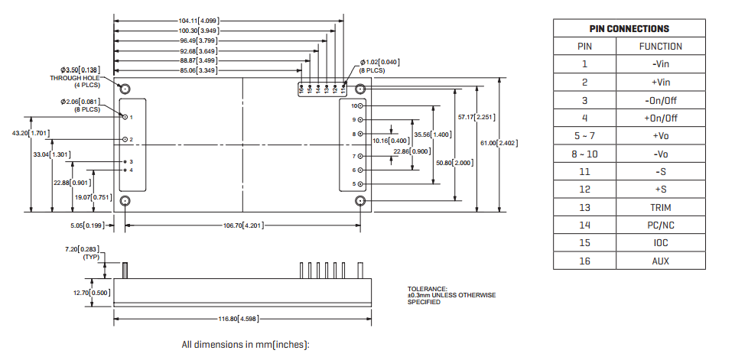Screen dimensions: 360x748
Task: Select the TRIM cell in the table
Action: click(x=661, y=207)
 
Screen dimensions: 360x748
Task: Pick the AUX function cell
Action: click(x=661, y=261)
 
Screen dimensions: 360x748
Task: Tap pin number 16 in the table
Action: click(x=584, y=261)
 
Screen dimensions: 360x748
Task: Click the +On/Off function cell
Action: click(x=661, y=118)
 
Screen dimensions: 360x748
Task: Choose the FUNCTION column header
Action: click(x=661, y=47)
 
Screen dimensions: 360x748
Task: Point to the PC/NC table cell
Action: click(x=661, y=225)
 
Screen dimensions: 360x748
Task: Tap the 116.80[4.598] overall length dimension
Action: click(x=242, y=318)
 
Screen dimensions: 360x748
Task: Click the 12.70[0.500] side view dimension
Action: click(x=92, y=293)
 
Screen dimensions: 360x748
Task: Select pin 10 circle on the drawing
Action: click(x=361, y=106)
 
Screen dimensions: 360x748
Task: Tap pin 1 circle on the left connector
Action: click(x=125, y=117)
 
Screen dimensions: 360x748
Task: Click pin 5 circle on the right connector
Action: click(x=361, y=184)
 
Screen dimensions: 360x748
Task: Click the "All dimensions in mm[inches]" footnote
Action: click(x=245, y=345)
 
